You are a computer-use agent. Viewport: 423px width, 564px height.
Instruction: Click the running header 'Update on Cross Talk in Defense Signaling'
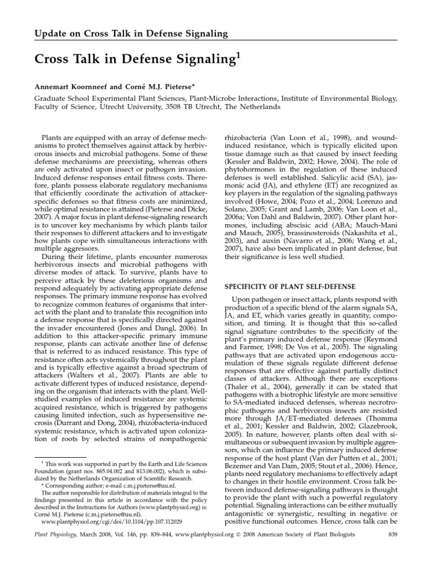(x=131, y=34)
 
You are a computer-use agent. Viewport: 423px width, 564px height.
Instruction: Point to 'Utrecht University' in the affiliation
(x=144, y=107)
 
